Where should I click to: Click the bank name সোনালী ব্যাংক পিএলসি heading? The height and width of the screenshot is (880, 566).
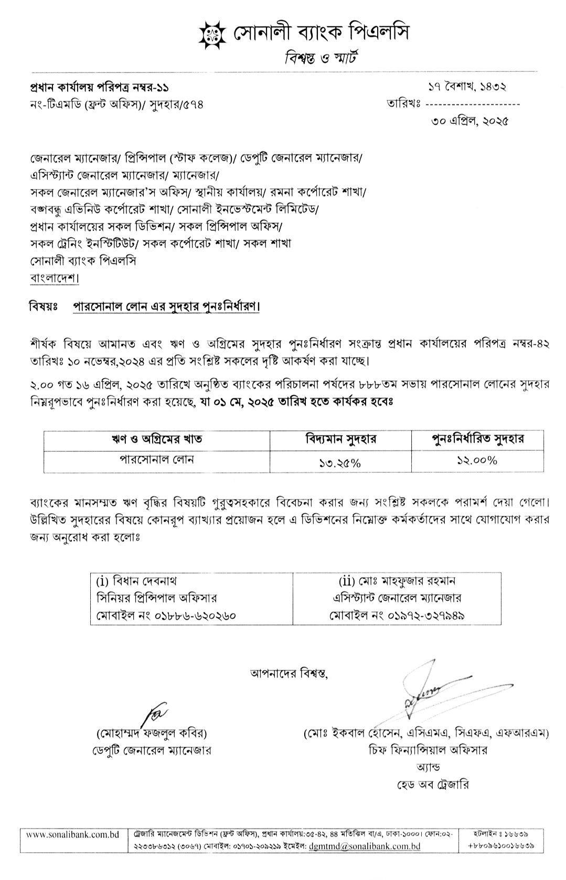tap(321, 34)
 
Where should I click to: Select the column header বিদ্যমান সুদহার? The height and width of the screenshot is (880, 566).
tap(340, 439)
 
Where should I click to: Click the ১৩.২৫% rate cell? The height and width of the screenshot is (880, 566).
tap(340, 462)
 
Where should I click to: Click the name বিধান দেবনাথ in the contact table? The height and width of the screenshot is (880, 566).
tap(143, 581)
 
